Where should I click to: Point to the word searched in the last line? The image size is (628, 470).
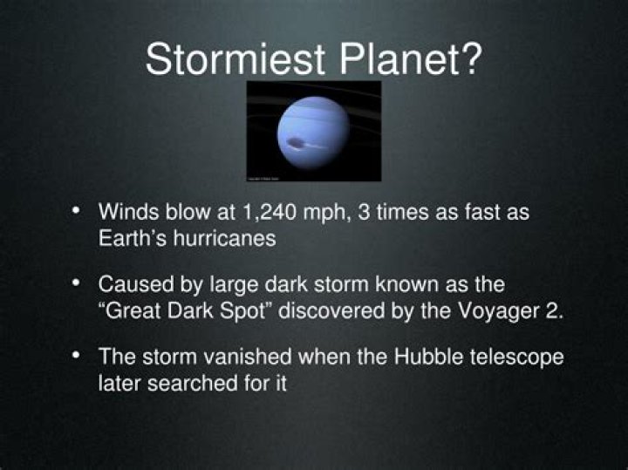[x=188, y=384]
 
